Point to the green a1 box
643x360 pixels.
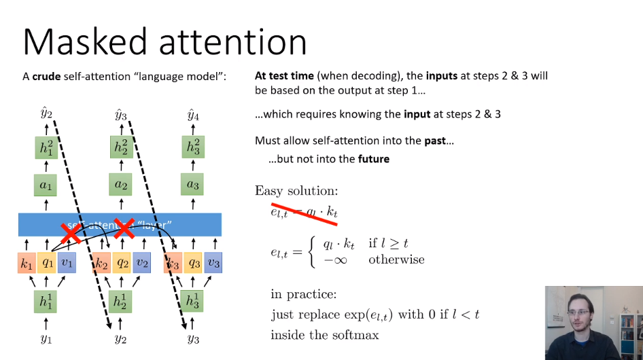(46, 183)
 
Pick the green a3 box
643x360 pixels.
(194, 183)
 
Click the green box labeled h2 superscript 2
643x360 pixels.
(120, 147)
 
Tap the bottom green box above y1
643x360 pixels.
(46, 301)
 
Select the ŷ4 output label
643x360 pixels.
(194, 115)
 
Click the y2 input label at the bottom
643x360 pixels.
(120, 338)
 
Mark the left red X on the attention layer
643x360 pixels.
(70, 232)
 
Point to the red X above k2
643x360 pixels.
(123, 228)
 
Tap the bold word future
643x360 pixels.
(373, 159)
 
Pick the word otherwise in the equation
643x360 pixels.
(396, 259)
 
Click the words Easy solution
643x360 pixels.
(296, 191)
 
